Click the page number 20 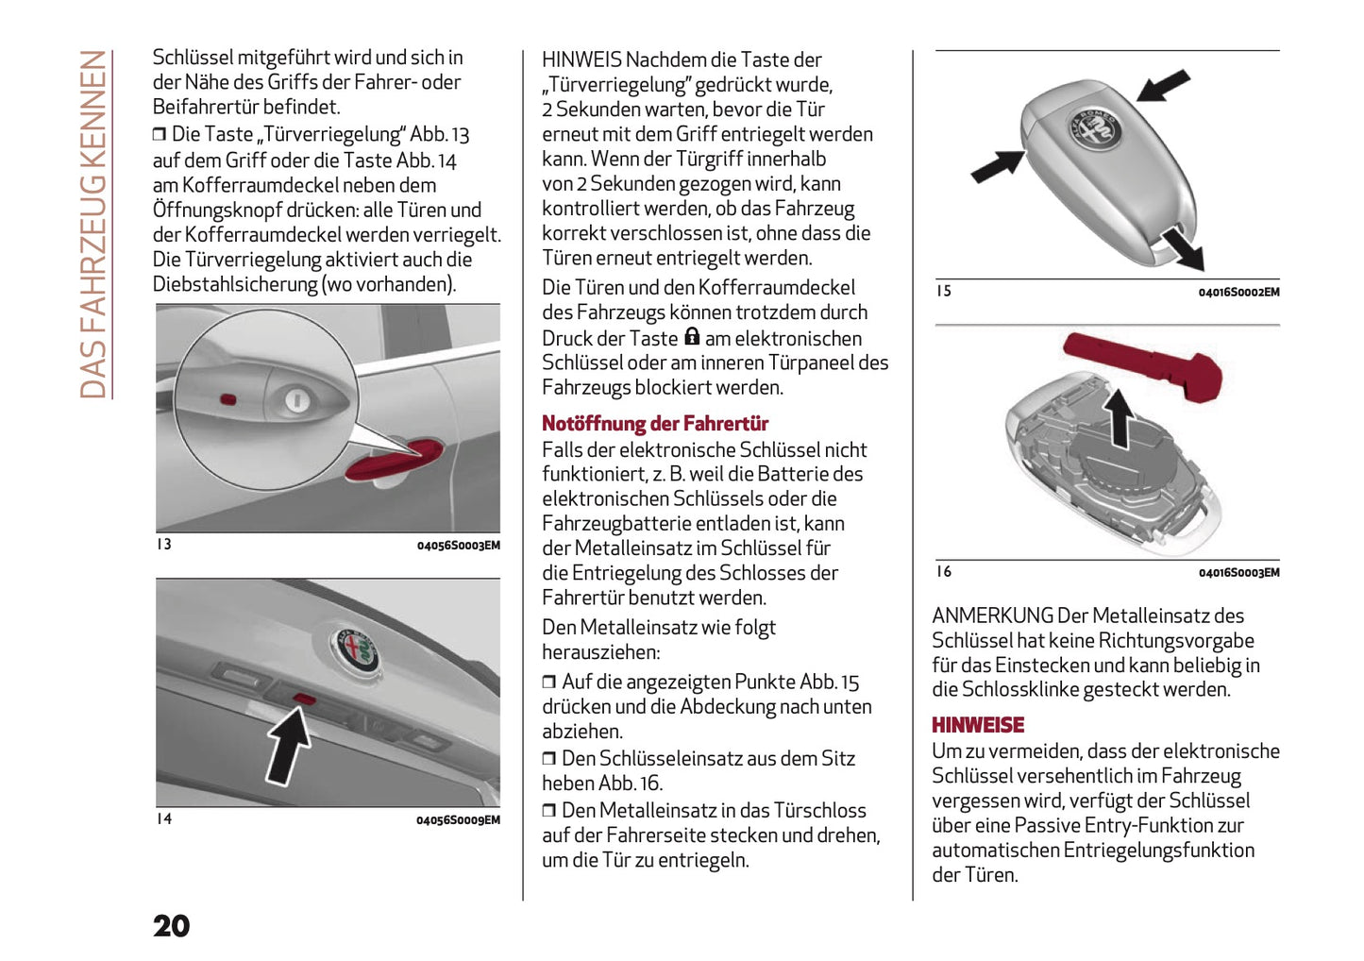171,926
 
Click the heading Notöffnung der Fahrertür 654,424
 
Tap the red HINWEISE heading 977,725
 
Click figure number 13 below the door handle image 164,545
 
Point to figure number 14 164,819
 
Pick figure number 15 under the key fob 943,291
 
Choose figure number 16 943,571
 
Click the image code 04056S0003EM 458,546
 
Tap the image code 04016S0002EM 1238,293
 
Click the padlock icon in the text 692,336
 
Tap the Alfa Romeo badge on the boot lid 355,649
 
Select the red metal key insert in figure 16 1142,364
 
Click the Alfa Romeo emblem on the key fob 1093,128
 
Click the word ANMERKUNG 991,616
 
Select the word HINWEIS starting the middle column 581,60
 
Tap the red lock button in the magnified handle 228,398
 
